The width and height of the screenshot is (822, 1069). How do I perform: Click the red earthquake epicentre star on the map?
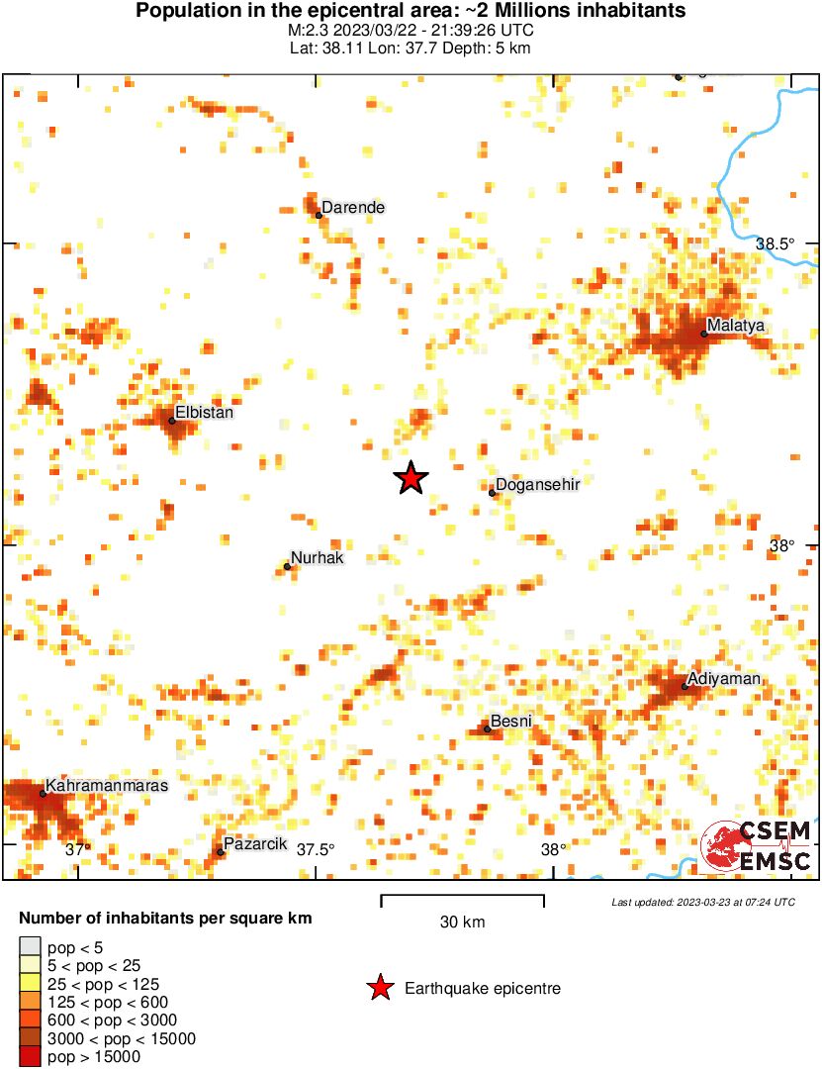(411, 479)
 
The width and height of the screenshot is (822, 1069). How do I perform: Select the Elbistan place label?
(204, 413)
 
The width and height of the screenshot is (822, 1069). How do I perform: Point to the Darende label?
(353, 208)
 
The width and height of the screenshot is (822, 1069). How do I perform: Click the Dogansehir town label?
(536, 484)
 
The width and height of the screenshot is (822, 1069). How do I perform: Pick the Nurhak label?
(317, 558)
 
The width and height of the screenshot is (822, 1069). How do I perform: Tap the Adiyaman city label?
(726, 678)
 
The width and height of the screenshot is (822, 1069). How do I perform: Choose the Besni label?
(511, 721)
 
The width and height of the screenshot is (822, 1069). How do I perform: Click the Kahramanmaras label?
(107, 785)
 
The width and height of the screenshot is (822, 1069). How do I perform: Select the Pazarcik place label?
(255, 843)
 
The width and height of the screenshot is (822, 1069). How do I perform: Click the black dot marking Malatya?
(703, 334)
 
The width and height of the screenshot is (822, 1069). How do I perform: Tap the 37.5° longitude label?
(316, 849)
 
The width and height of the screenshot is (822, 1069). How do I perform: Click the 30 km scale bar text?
(462, 923)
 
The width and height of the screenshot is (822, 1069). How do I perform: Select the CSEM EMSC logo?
(757, 846)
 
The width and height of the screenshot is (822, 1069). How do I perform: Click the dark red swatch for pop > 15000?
(31, 1056)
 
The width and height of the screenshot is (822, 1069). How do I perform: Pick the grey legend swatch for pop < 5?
(31, 947)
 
